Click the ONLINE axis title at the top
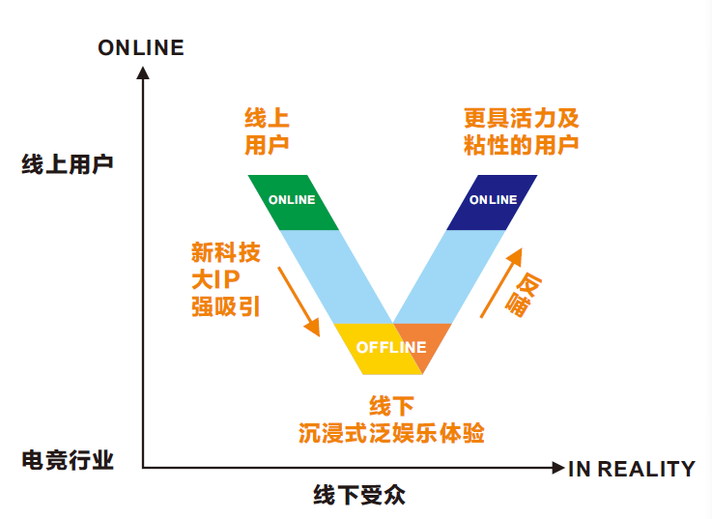[x=141, y=46]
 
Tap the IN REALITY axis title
[x=631, y=469]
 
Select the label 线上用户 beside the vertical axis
[x=67, y=163]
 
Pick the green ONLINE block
[x=293, y=201]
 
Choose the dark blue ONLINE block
[x=492, y=201]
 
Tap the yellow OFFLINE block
[x=382, y=349]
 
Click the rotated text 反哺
[x=528, y=296]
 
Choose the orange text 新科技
[x=225, y=253]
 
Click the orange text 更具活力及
[x=521, y=119]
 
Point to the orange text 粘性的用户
[x=521, y=145]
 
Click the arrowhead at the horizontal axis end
[x=557, y=469]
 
